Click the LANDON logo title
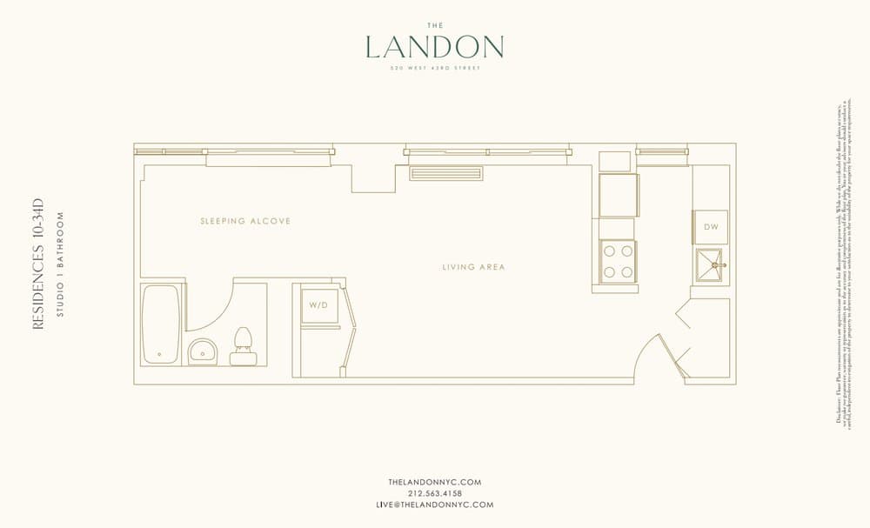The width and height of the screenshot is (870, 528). [434, 46]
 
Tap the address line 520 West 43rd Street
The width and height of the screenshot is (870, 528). [434, 67]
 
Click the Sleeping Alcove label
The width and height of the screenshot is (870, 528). [245, 221]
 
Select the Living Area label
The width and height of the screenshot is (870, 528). [473, 267]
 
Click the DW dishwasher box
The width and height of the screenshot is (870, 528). [710, 227]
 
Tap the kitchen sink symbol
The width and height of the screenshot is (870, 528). [711, 264]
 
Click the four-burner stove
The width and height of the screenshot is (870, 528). [617, 260]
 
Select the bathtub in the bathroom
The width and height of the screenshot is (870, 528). [161, 324]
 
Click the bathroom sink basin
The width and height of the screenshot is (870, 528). [203, 351]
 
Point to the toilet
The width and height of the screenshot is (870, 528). [243, 347]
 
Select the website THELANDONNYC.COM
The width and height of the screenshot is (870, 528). [434, 482]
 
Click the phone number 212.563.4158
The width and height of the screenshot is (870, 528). [434, 493]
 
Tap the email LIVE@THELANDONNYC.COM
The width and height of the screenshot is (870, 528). [434, 505]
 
